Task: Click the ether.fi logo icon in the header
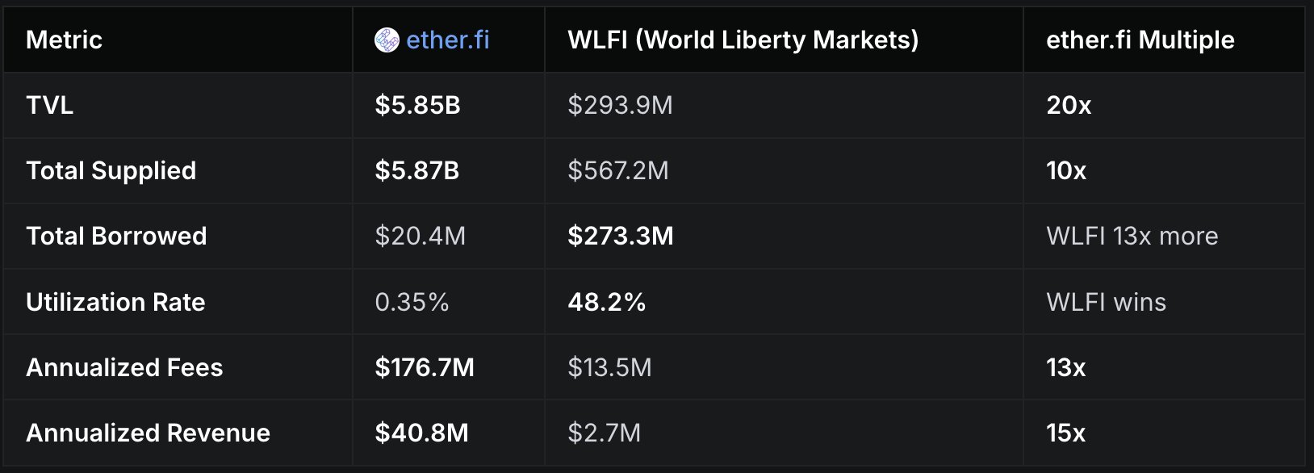[x=387, y=40]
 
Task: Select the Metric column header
[x=64, y=40]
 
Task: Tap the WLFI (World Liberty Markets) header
[x=743, y=40]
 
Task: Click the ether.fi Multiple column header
[x=1140, y=40]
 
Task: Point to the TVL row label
[x=49, y=105]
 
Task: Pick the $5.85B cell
[x=417, y=105]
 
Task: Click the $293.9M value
[x=620, y=105]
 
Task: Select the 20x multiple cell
[x=1069, y=105]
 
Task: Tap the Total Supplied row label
[x=111, y=170]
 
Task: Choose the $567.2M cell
[x=617, y=170]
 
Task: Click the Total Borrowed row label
[x=116, y=236]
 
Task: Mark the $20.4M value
[x=420, y=236]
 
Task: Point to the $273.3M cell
[x=620, y=236]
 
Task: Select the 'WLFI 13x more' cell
[x=1132, y=236]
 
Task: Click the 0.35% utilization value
[x=412, y=302]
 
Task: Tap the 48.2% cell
[x=606, y=302]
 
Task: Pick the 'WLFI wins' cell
[x=1106, y=302]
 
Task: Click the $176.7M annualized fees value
[x=425, y=367]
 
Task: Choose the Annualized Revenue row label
[x=148, y=433]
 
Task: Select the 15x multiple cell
[x=1065, y=433]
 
